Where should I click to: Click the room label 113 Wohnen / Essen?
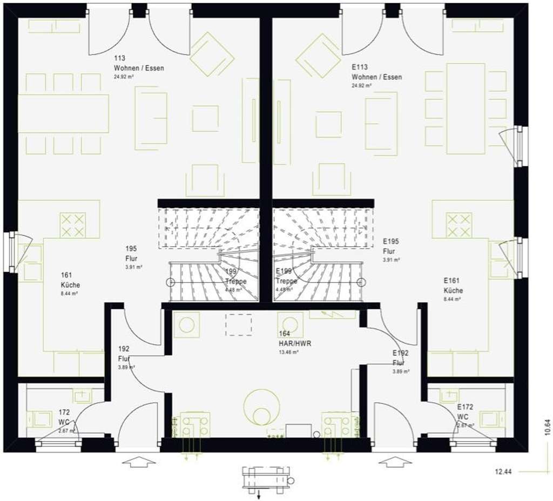click(x=138, y=67)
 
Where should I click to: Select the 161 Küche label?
click(x=70, y=285)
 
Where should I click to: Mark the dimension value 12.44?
click(x=503, y=472)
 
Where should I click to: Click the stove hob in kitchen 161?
click(x=72, y=225)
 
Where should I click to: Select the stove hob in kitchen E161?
click(x=458, y=225)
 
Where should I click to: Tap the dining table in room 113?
click(x=63, y=113)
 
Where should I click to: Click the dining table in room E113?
click(x=466, y=109)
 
